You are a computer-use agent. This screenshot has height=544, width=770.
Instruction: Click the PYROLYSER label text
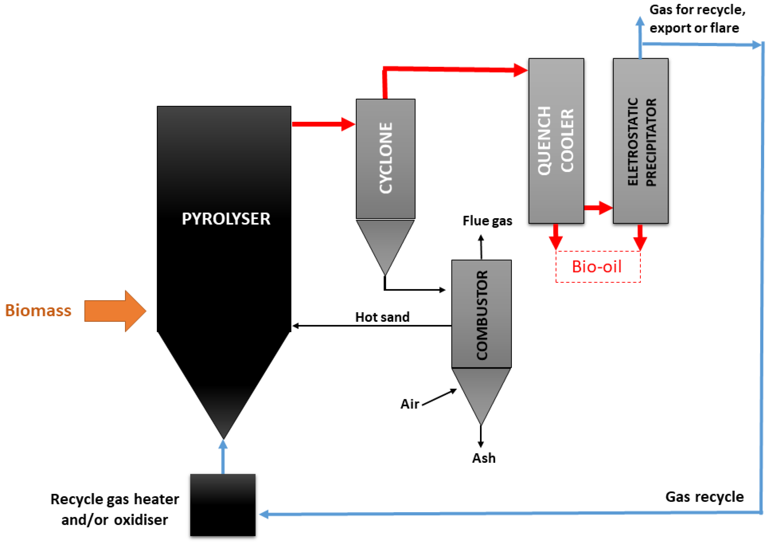[226, 219]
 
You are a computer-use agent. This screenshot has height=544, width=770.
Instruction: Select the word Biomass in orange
[38, 310]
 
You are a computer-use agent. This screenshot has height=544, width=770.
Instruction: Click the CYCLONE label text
[385, 158]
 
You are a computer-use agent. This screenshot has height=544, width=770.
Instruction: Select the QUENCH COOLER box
[556, 141]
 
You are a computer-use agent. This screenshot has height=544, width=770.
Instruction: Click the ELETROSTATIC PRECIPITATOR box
[641, 141]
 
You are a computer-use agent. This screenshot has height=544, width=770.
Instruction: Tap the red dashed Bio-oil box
[598, 267]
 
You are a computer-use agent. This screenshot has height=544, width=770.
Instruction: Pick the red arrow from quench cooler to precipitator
[598, 208]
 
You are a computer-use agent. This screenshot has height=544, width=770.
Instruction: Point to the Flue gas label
[487, 221]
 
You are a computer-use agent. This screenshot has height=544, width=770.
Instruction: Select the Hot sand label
[382, 317]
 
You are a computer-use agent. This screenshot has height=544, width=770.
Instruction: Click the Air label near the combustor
[409, 404]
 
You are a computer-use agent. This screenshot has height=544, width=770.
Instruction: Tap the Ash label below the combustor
[484, 458]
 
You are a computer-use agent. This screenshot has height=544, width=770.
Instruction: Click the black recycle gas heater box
[223, 505]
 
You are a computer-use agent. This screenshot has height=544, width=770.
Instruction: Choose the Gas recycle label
[705, 497]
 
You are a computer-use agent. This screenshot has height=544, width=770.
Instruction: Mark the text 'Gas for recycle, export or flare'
[697, 19]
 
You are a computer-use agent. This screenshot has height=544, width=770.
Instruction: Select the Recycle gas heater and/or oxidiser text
[115, 509]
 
